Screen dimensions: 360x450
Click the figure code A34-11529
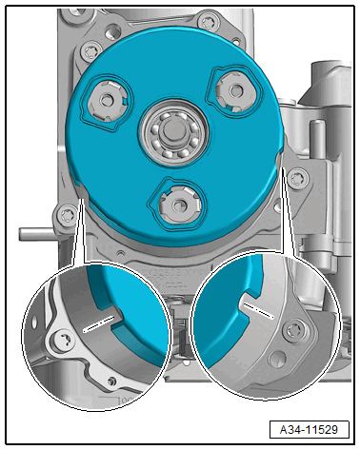(309, 430)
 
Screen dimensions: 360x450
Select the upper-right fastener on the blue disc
(233, 91)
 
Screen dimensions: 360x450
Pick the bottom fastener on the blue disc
(180, 205)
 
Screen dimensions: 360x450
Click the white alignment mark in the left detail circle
(98, 324)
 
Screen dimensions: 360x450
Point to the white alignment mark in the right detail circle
(259, 310)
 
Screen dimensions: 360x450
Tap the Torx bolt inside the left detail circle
(65, 342)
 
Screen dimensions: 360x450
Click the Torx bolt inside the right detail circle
(294, 331)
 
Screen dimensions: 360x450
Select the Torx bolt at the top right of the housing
(208, 23)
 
